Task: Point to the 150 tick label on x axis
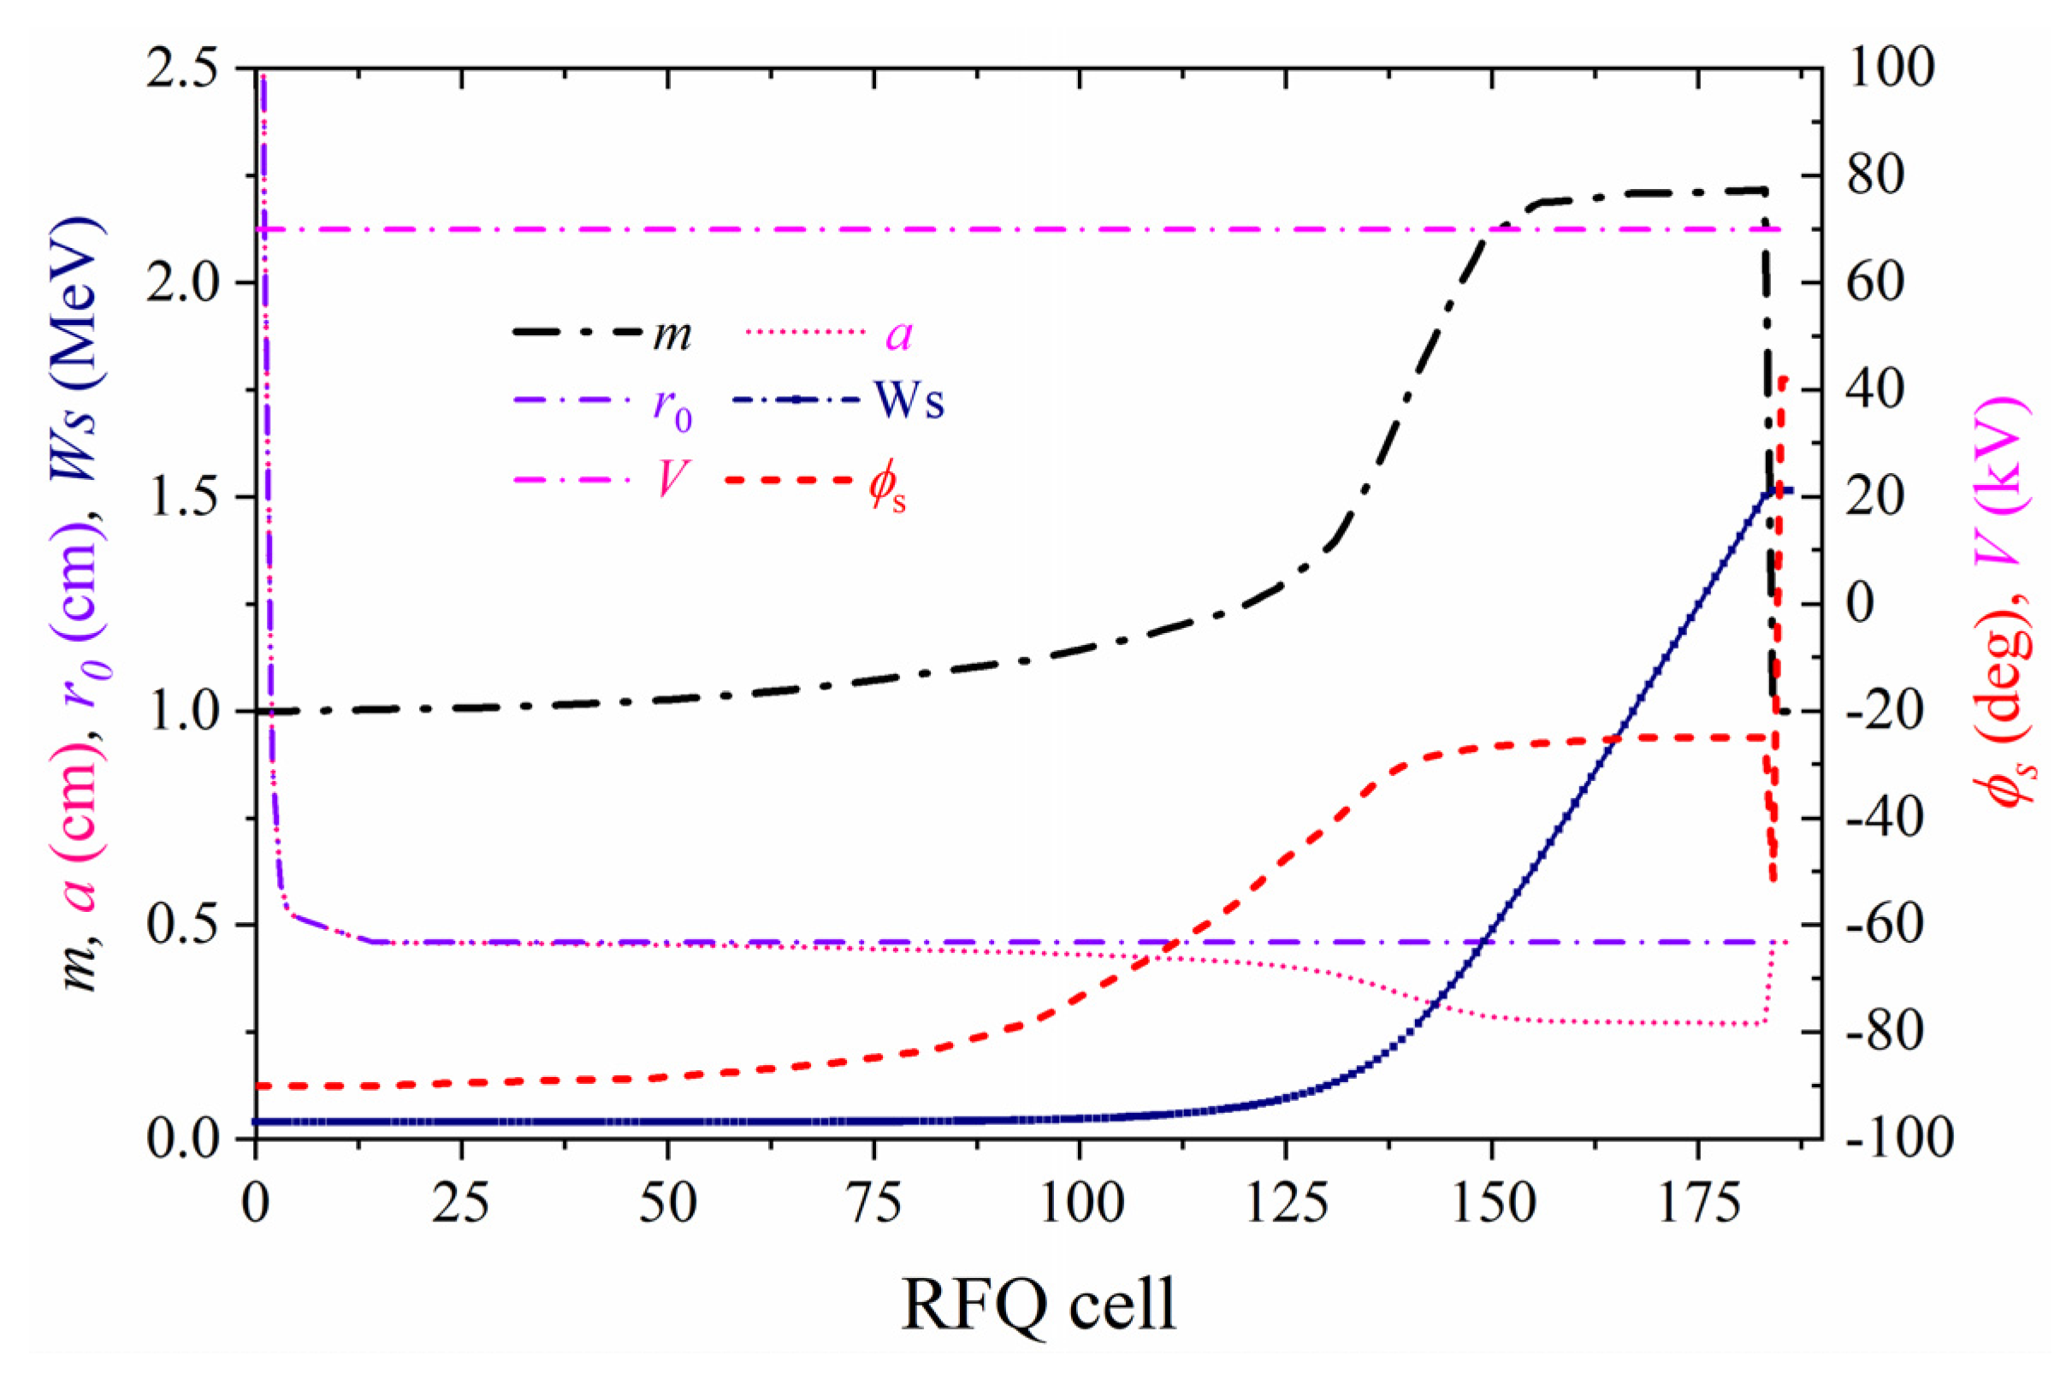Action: point(1492,1203)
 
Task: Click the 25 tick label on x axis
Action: point(462,1203)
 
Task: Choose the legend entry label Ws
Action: point(909,403)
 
